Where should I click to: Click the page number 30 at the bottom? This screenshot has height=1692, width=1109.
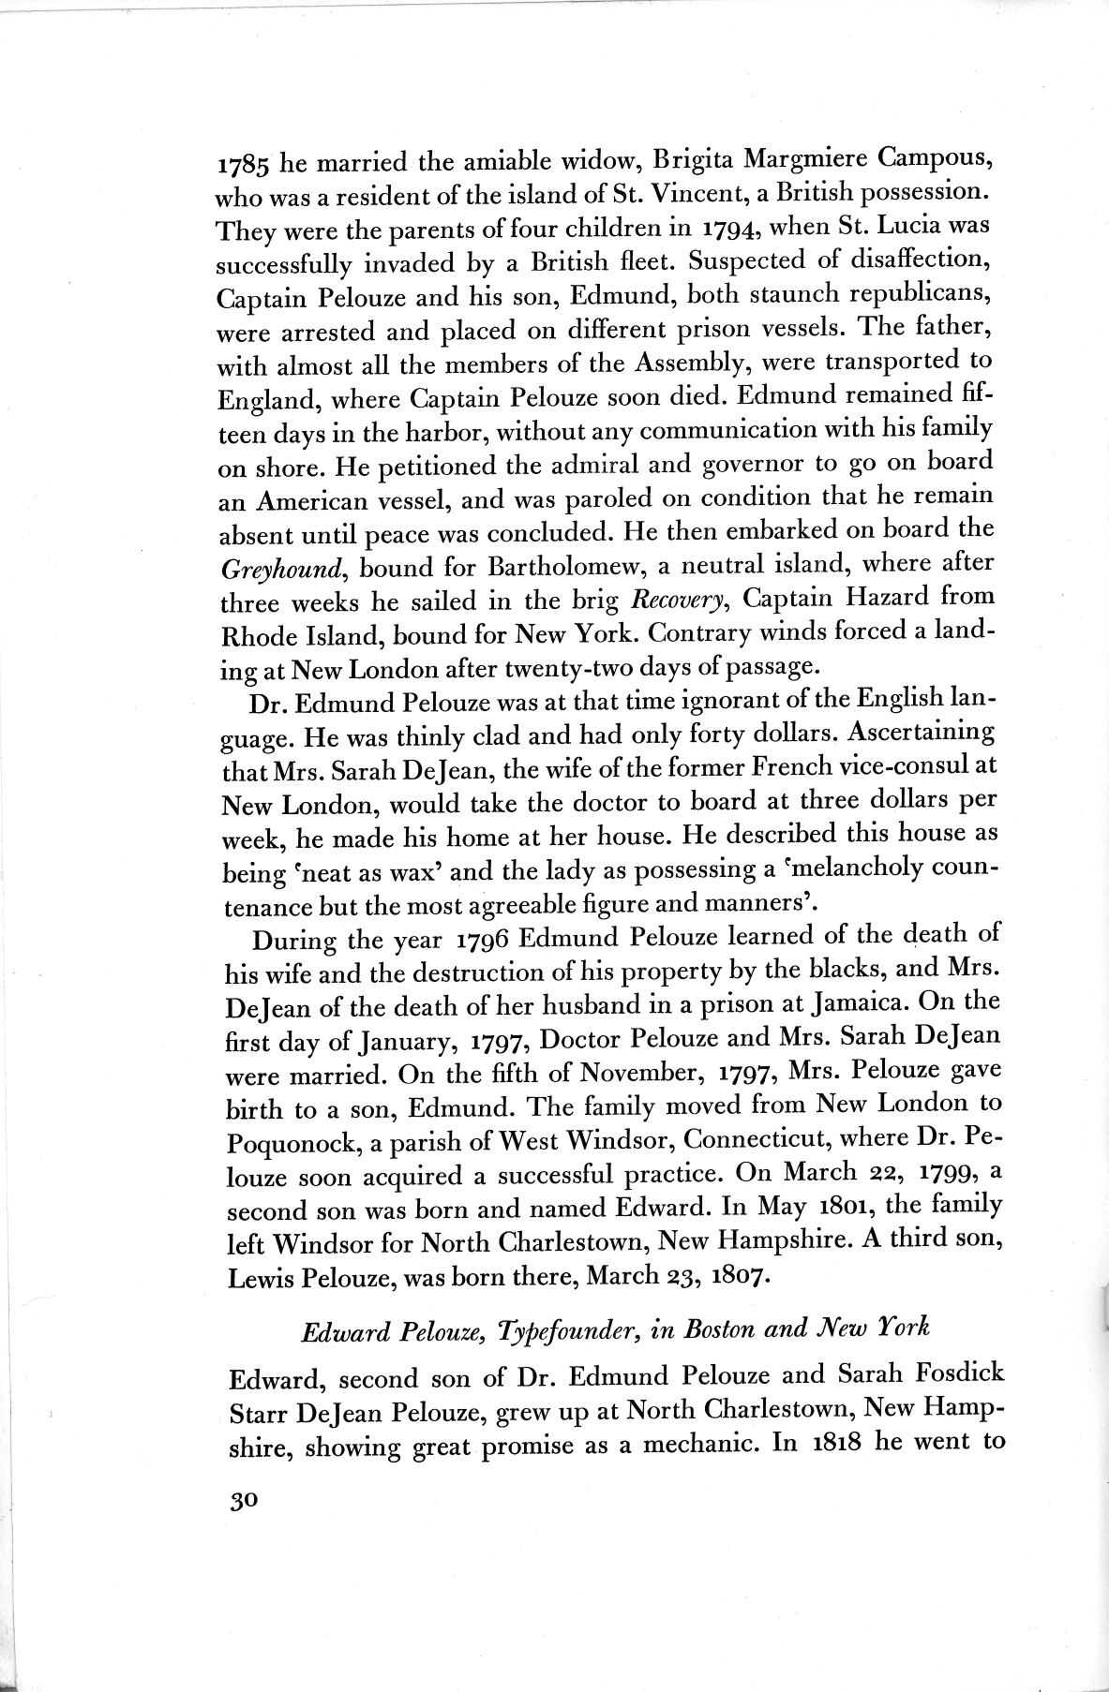point(241,1500)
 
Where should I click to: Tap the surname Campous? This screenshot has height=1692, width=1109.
point(922,157)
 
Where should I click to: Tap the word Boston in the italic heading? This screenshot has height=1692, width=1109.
point(742,1328)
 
